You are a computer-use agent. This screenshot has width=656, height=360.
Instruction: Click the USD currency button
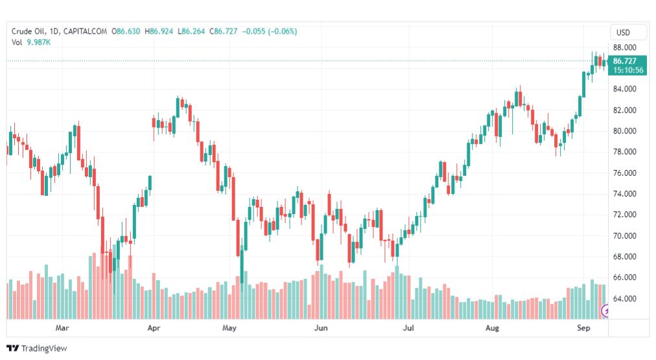pos(623,32)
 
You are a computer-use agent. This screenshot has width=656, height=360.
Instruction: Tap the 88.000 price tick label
pos(625,47)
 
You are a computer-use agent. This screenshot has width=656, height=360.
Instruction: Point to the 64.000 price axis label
pos(625,298)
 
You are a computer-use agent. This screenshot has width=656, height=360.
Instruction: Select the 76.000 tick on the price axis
pos(625,173)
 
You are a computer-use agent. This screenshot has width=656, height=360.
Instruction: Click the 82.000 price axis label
pos(625,110)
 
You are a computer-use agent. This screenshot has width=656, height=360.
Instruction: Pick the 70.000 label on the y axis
pos(625,235)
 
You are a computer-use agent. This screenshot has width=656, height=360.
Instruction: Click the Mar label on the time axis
pos(62,328)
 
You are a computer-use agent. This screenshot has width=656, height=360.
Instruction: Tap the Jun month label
pos(321,328)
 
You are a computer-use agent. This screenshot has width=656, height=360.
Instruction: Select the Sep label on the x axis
pos(583,328)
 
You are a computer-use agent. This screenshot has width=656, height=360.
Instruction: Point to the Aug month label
pos(492,328)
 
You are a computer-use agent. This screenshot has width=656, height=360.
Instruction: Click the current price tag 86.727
pos(625,61)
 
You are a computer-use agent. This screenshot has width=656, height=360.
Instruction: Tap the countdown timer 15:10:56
pos(628,70)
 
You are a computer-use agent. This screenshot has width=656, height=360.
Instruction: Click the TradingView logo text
pos(44,348)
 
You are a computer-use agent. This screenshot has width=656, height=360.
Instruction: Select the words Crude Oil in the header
pos(29,31)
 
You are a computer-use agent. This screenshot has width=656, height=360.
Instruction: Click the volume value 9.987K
pos(38,42)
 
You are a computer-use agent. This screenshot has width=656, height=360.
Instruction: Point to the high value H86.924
pos(159,31)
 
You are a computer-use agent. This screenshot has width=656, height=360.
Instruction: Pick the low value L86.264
pos(191,31)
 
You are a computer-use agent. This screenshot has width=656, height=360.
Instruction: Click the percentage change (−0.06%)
pos(283,31)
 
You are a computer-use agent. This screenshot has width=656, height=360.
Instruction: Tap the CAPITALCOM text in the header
pos(85,31)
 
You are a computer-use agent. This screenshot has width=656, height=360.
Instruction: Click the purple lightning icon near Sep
pos(605,311)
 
